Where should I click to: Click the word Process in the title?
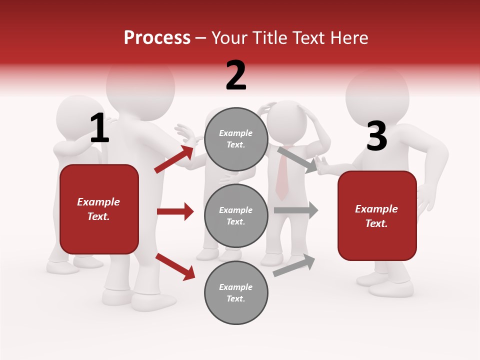157,38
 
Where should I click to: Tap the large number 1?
99,129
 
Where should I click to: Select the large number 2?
236,75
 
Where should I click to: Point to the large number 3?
376,136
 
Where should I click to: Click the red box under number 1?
99,209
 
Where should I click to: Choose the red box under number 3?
377,216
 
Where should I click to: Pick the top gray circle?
236,139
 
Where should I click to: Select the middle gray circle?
236,215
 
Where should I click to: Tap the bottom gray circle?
236,292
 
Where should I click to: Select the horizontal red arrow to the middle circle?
175,211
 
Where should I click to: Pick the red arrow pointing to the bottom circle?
175,266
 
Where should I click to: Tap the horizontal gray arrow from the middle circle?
295,210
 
